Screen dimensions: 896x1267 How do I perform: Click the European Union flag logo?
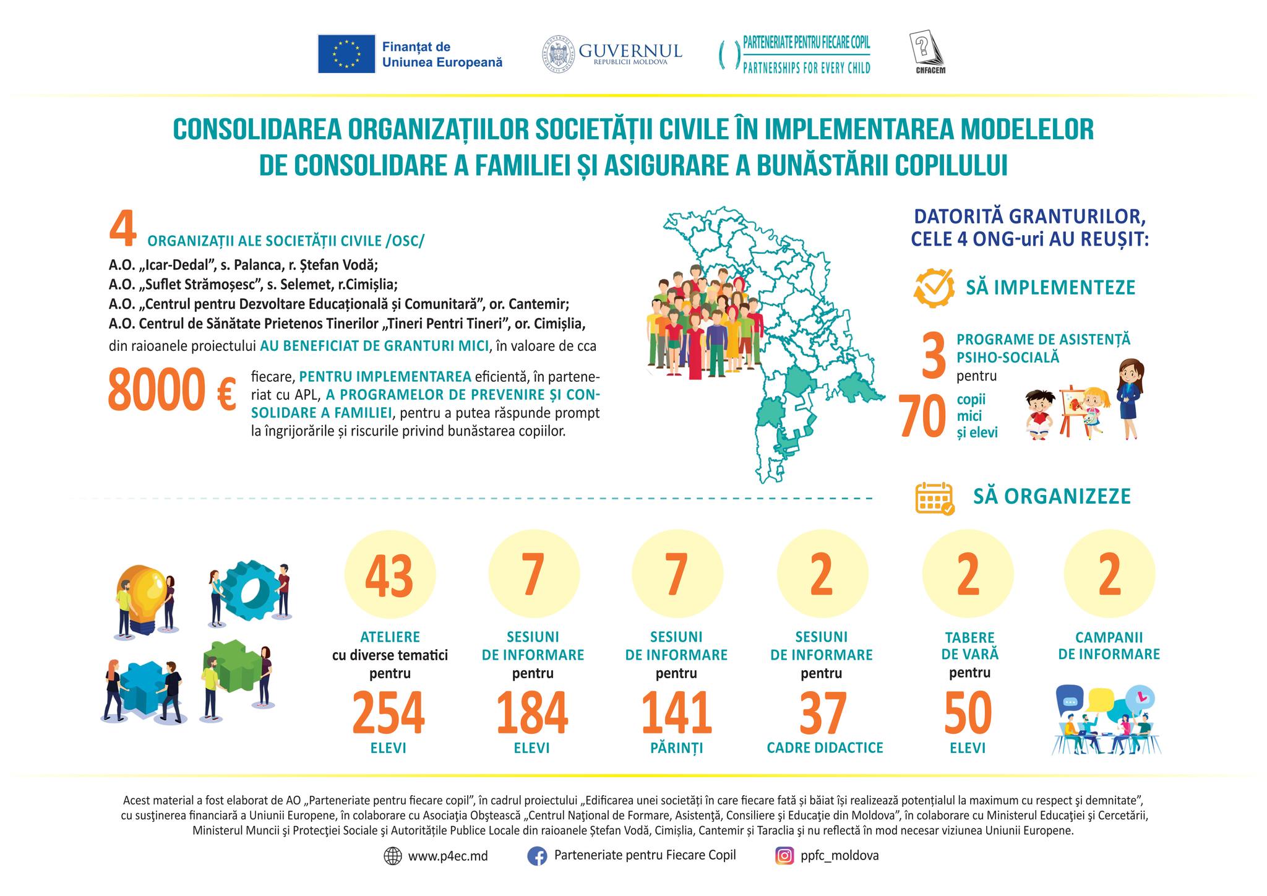click(x=346, y=54)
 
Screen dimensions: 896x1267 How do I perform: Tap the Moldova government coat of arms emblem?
click(x=559, y=54)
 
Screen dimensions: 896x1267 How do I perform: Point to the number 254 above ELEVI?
click(x=389, y=712)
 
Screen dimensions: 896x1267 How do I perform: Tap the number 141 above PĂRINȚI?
click(x=676, y=712)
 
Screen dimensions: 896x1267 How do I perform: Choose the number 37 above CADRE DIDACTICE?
click(x=823, y=712)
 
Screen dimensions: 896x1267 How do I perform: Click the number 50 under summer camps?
click(x=968, y=712)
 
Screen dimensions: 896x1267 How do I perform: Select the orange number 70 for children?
click(x=922, y=417)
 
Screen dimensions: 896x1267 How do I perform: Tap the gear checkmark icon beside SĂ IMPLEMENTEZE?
click(x=934, y=288)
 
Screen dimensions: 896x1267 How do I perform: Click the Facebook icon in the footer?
click(x=536, y=856)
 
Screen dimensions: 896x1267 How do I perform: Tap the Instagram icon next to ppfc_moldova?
click(x=784, y=856)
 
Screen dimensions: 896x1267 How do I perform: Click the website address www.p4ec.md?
click(x=447, y=856)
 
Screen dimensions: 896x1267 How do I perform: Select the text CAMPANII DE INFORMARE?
click(x=1109, y=646)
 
